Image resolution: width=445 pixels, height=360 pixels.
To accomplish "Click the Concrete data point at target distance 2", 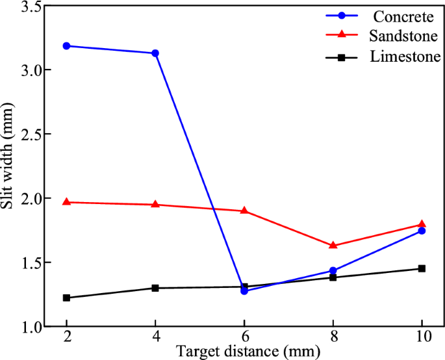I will pyautogui.click(x=66, y=46).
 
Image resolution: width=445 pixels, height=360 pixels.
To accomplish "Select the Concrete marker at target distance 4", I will pyautogui.click(x=155, y=53).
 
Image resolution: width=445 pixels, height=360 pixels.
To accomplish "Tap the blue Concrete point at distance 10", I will pyautogui.click(x=422, y=231).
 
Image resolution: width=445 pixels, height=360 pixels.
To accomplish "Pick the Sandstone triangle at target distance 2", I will pyautogui.click(x=66, y=202).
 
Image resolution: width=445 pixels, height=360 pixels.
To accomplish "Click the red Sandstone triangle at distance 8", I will pyautogui.click(x=333, y=246).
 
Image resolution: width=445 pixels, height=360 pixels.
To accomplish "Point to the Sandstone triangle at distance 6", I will pyautogui.click(x=244, y=211).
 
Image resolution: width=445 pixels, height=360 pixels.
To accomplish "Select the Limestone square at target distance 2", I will pyautogui.click(x=66, y=298).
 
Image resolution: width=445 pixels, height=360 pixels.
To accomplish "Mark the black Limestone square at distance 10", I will pyautogui.click(x=422, y=268).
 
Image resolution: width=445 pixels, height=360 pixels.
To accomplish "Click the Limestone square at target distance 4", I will pyautogui.click(x=155, y=288).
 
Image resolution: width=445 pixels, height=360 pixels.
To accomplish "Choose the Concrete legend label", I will pyautogui.click(x=401, y=14).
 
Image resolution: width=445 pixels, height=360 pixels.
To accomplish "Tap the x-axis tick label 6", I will pyautogui.click(x=244, y=340).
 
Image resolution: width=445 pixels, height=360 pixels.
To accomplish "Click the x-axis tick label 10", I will pyautogui.click(x=422, y=340).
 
